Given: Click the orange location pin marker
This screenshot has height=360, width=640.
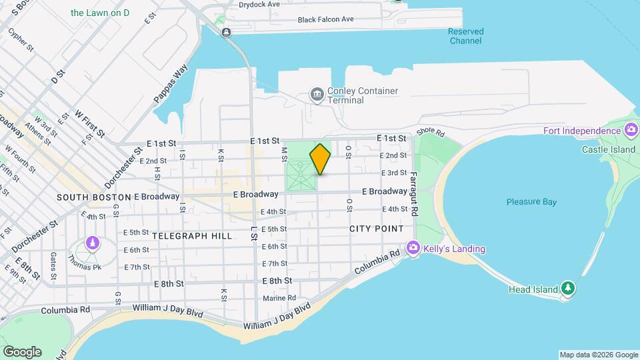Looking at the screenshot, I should tap(321, 159).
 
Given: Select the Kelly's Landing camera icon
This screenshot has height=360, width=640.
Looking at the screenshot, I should tap(413, 249).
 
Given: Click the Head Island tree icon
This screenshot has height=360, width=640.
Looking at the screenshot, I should tap(568, 289).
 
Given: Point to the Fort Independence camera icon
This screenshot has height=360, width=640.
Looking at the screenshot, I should tap(631, 130).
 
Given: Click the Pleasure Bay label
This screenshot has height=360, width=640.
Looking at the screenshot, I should tap(531, 202).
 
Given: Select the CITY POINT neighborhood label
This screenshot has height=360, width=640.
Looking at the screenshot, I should tap(377, 229).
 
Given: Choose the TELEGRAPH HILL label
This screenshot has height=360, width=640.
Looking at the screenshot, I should tap(192, 236).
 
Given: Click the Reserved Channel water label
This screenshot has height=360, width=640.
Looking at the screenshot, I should tap(465, 36).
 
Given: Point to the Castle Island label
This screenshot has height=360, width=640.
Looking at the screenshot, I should tap(608, 150).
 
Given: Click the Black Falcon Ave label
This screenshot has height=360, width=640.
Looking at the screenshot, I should tap(326, 19).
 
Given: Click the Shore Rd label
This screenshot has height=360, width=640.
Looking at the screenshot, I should tap(430, 133).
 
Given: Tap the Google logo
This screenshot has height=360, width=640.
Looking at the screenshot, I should tap(22, 352).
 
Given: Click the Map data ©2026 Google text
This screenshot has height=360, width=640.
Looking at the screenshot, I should tap(598, 355).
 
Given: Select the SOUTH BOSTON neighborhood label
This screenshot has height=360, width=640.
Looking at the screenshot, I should tap(94, 197).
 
